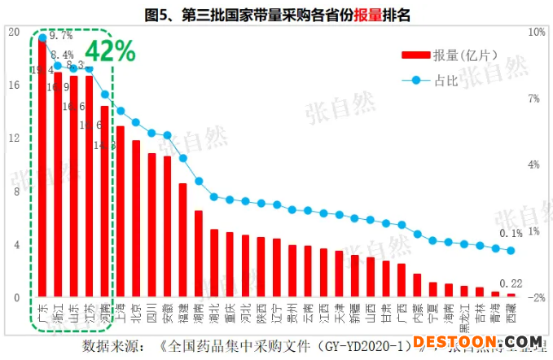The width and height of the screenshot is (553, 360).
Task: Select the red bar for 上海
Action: [x=121, y=212]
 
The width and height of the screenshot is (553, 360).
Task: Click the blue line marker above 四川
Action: [x=151, y=133]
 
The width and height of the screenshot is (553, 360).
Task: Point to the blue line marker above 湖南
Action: [x=198, y=181]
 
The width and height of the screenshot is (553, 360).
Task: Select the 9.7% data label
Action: [x=61, y=36]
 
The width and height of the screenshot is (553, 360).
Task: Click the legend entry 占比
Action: [x=444, y=80]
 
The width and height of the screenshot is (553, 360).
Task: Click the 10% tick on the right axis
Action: [x=537, y=32]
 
